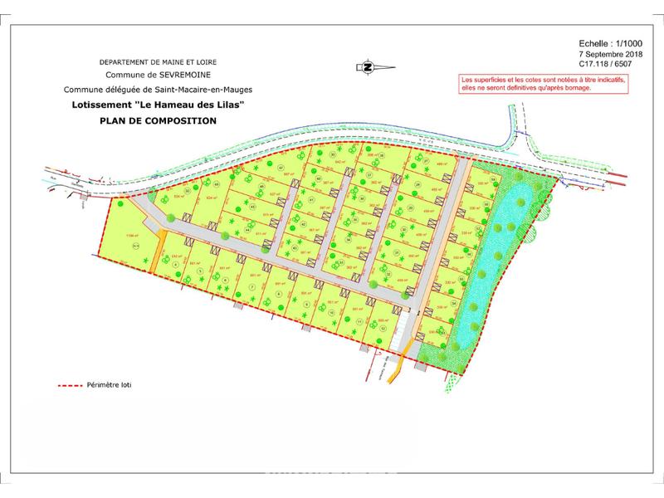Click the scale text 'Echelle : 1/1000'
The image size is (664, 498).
[x=585, y=41]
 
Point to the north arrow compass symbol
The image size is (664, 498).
[x=366, y=66]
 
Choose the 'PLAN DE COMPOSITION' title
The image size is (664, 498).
[x=157, y=120]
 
